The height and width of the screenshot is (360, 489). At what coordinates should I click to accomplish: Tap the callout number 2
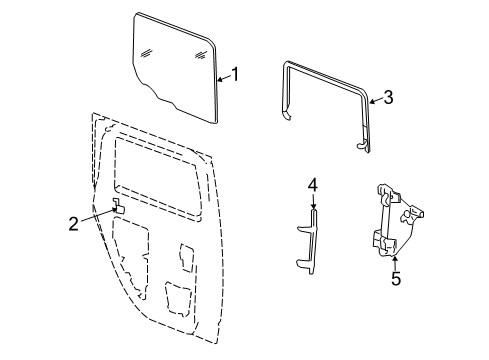(x=73, y=223)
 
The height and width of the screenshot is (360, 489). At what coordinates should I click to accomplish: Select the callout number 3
(x=389, y=97)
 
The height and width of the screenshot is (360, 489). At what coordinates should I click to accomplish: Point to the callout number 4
(x=312, y=185)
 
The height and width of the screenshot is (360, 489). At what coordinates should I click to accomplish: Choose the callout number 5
(x=395, y=279)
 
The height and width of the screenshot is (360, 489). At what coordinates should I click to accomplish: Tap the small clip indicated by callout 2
(x=115, y=207)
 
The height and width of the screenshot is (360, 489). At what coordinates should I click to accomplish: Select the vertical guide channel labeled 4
(x=311, y=240)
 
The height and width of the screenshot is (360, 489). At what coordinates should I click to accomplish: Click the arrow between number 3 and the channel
(x=375, y=99)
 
